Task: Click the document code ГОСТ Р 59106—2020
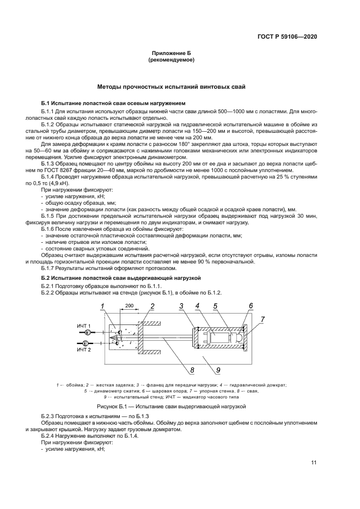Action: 286,37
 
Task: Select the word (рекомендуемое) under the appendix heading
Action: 172,60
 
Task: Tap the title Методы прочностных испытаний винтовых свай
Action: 172,87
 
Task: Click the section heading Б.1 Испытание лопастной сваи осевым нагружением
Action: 113,103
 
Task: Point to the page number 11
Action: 314,463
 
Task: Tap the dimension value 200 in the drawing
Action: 130,307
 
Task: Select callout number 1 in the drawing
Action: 102,306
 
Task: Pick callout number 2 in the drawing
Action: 152,306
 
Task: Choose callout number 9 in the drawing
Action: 217,371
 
